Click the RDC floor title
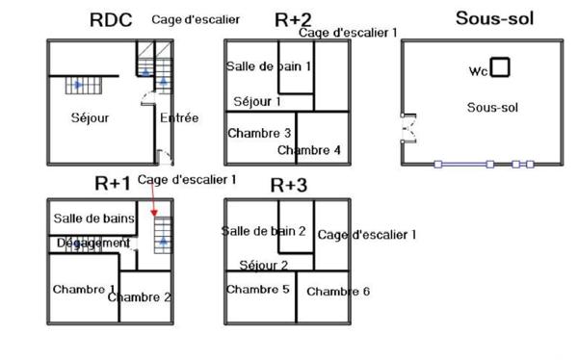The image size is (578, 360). tap(110, 19)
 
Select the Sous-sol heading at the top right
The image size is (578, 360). tap(494, 18)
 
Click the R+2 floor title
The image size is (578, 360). tap(293, 20)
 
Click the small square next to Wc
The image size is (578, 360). tap(500, 67)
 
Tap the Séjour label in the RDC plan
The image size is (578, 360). tap(90, 118)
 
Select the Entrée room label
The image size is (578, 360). tap(179, 118)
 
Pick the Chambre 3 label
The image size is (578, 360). tap(259, 133)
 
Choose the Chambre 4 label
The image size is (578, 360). tap(308, 150)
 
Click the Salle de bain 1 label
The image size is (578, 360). tap(269, 66)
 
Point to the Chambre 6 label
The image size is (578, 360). tap(338, 292)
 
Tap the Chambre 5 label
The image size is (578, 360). tap(258, 289)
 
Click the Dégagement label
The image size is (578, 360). tap(92, 244)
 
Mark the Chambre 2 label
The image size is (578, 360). tap(140, 296)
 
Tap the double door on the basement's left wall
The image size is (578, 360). tap(406, 127)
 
